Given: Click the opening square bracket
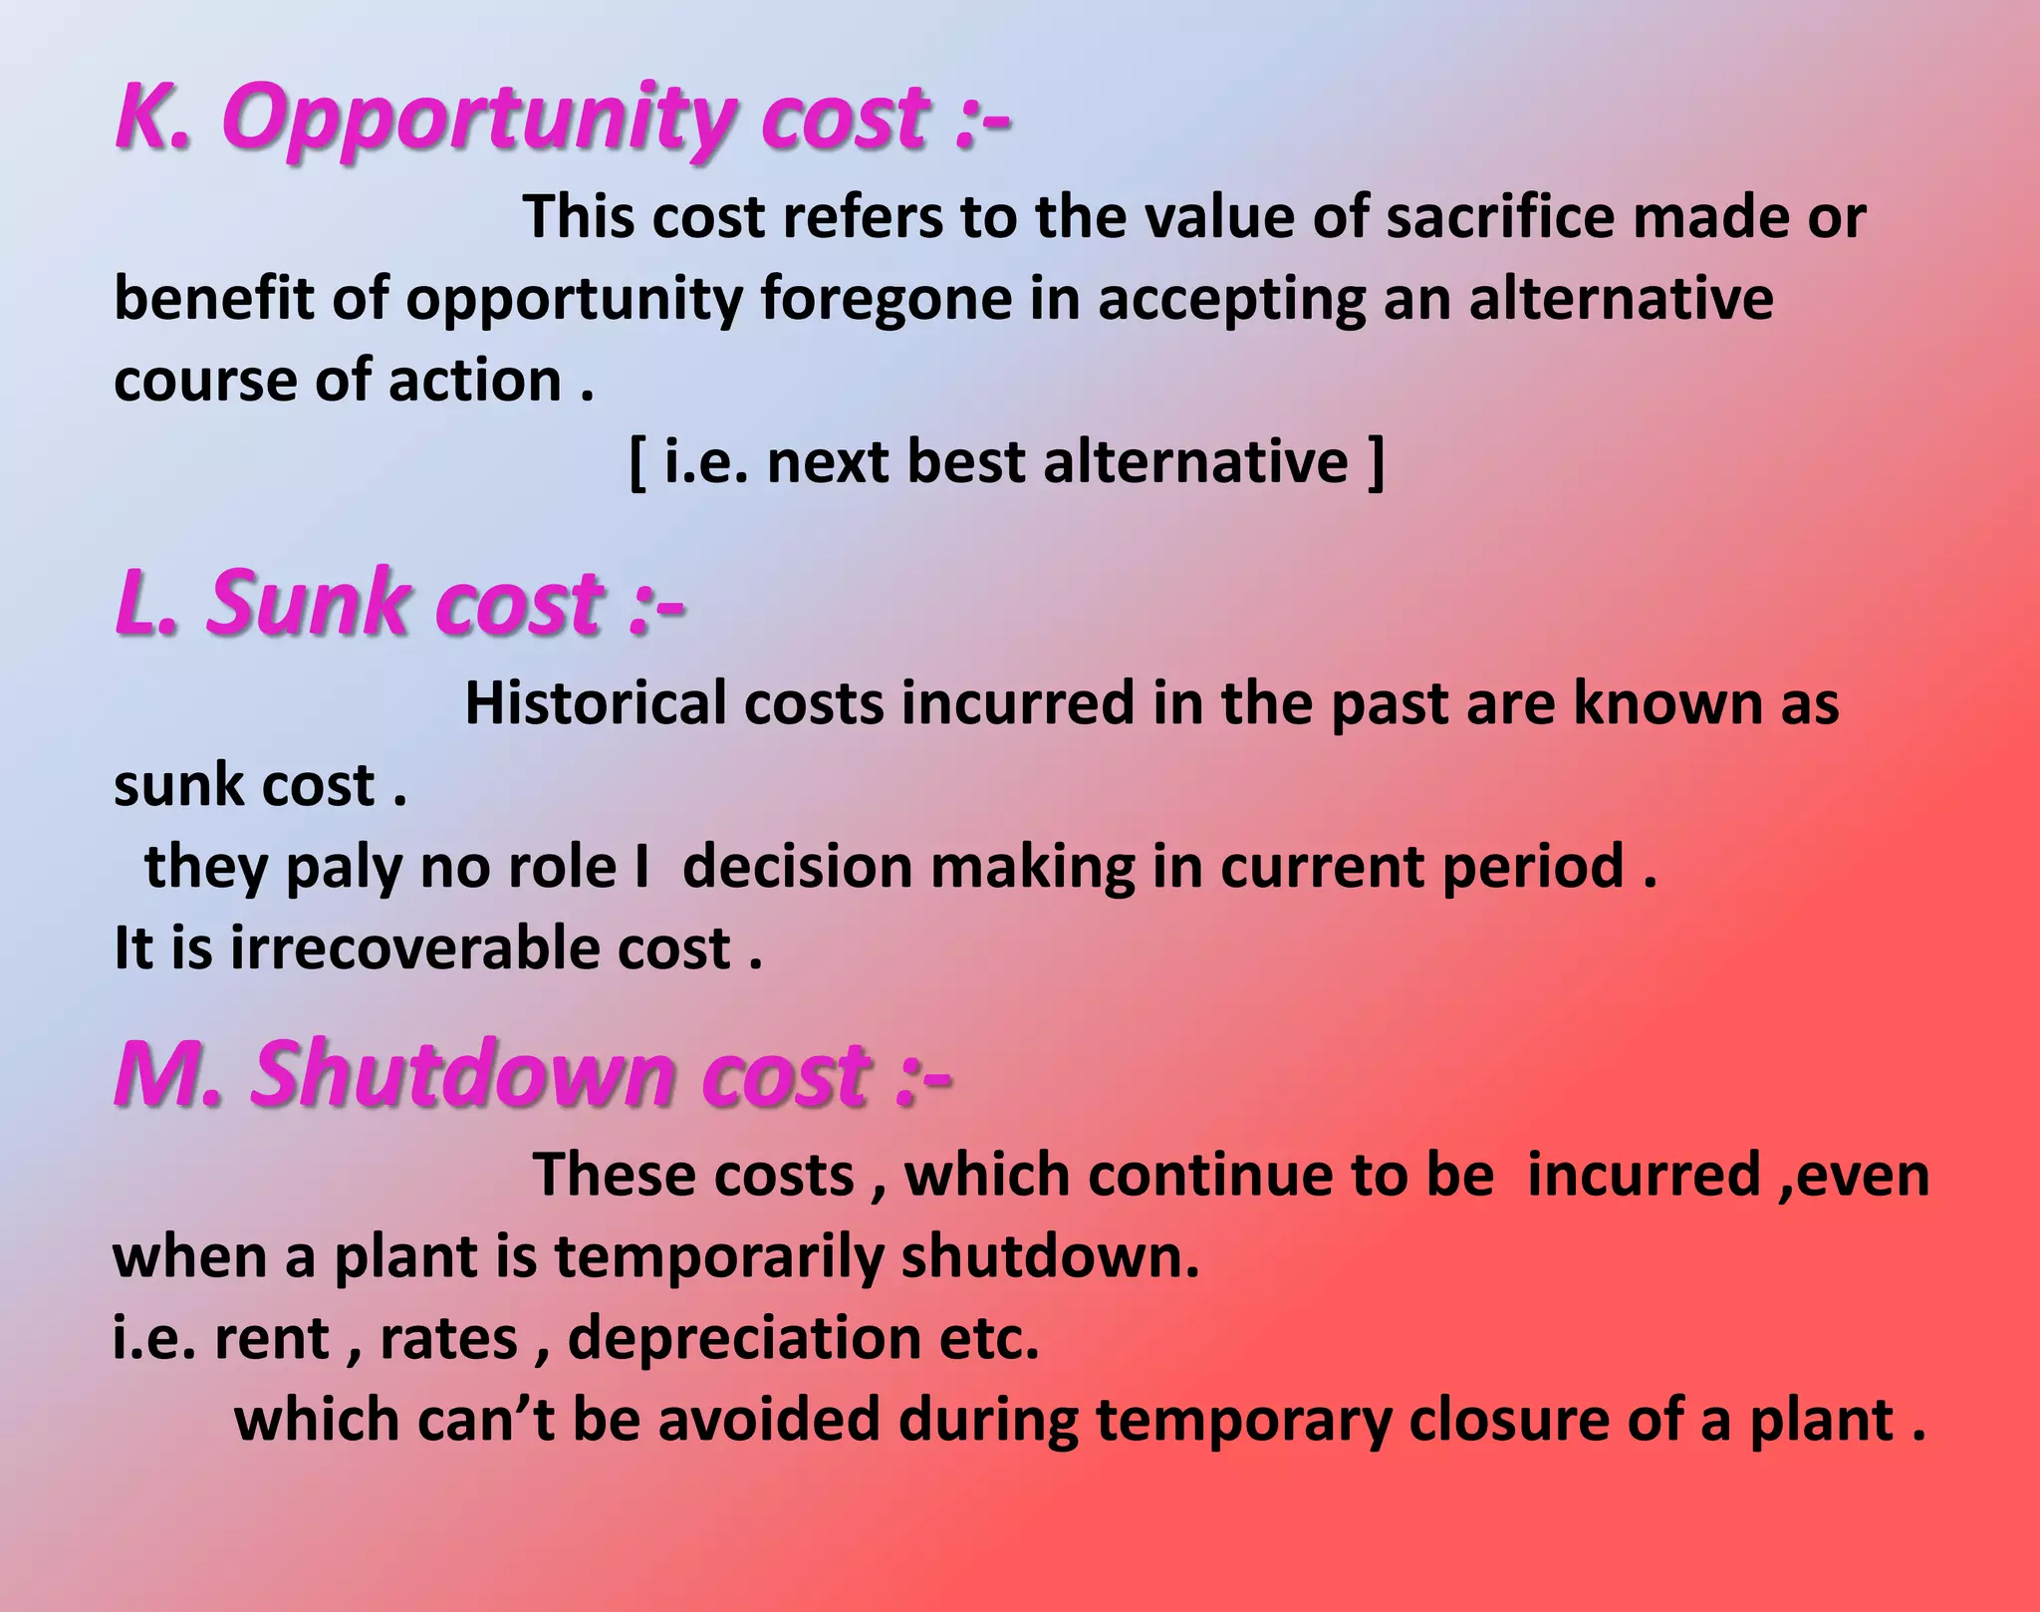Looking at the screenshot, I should coord(637,462).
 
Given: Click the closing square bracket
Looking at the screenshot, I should coord(1377,462).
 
